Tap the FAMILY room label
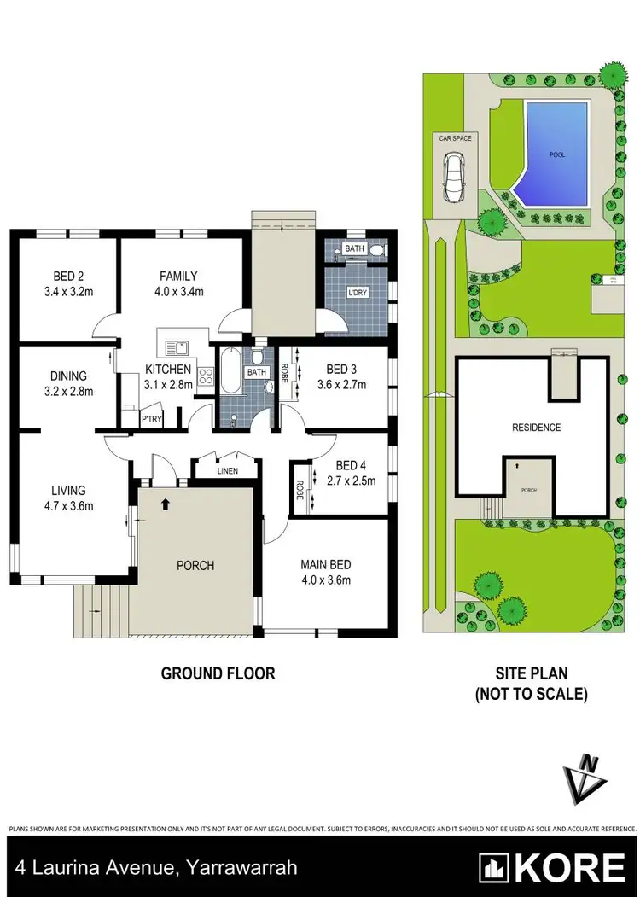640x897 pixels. (x=178, y=277)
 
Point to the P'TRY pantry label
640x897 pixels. (x=130, y=419)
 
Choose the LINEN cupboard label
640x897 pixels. (x=227, y=471)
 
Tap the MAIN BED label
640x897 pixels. (x=325, y=565)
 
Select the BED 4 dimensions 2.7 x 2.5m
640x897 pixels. (x=351, y=480)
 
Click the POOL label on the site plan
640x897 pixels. (x=557, y=155)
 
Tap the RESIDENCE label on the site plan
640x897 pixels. (x=536, y=428)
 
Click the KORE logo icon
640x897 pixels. (x=492, y=868)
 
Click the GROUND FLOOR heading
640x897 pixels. (x=218, y=673)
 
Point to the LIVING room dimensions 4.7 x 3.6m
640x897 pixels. (x=69, y=505)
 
